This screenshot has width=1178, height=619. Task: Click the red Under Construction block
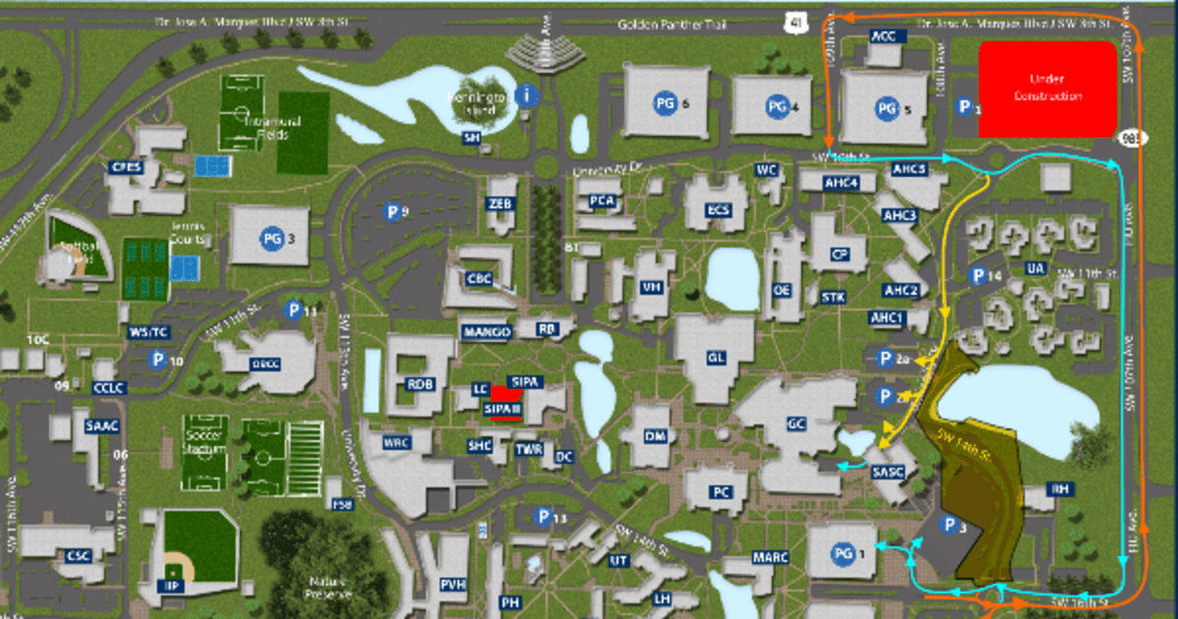1048,89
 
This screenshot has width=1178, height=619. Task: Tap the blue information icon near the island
529,95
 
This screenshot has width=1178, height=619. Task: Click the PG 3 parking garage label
272,237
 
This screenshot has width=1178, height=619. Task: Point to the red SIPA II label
505,407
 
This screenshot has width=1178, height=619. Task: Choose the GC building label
796,425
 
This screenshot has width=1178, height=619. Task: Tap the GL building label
716,358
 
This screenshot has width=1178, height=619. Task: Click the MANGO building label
486,331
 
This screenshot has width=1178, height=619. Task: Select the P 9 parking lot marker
395,210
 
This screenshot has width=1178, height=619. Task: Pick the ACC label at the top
884,35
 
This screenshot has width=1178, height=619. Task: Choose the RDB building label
420,384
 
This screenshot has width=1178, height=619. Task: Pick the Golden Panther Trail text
664,25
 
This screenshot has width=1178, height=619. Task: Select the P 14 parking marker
981,276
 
